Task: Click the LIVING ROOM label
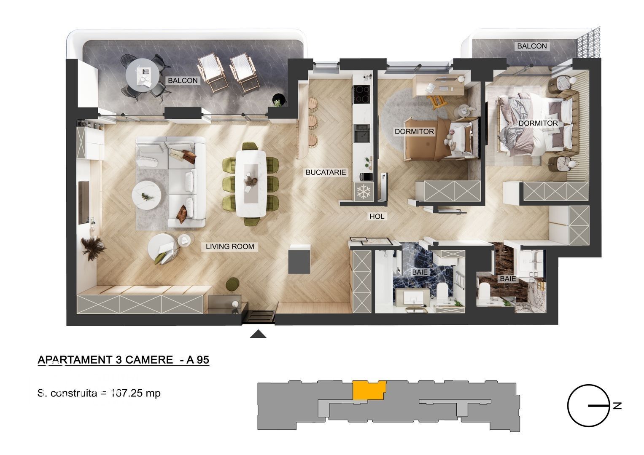230,246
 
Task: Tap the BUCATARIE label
326,172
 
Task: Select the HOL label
377,216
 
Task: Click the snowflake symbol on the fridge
363,192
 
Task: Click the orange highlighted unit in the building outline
368,390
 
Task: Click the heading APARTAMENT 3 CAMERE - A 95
124,360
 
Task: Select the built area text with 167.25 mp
99,393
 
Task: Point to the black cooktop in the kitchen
362,94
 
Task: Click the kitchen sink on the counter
361,134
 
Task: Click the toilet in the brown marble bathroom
485,290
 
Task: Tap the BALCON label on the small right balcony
532,46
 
